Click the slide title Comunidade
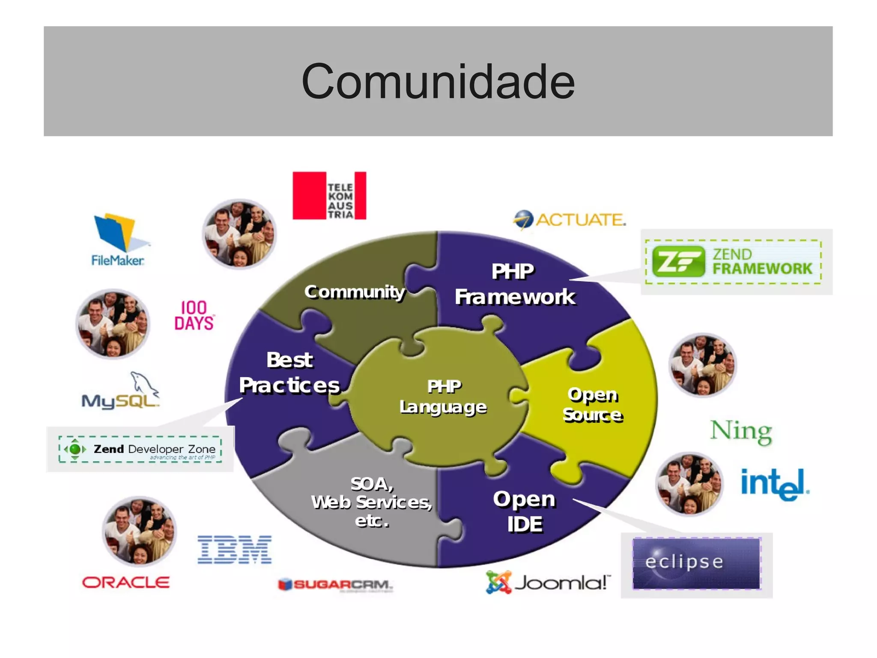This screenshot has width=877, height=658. [438, 81]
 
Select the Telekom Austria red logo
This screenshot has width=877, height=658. [329, 195]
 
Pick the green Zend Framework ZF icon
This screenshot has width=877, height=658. [678, 261]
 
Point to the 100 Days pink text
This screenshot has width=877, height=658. [194, 315]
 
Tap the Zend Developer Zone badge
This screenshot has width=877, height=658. [140, 449]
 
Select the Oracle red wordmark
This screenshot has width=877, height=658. [126, 583]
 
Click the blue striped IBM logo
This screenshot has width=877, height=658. [234, 550]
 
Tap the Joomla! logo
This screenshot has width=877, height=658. [548, 583]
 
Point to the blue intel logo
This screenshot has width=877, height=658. [774, 484]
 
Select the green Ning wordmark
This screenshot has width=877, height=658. [741, 431]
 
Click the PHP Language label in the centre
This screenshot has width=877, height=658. [443, 397]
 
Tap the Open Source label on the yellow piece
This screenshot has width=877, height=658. [592, 405]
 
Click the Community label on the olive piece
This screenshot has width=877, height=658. [354, 292]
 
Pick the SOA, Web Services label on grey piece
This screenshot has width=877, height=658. [371, 502]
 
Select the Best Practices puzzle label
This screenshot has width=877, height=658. [289, 373]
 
